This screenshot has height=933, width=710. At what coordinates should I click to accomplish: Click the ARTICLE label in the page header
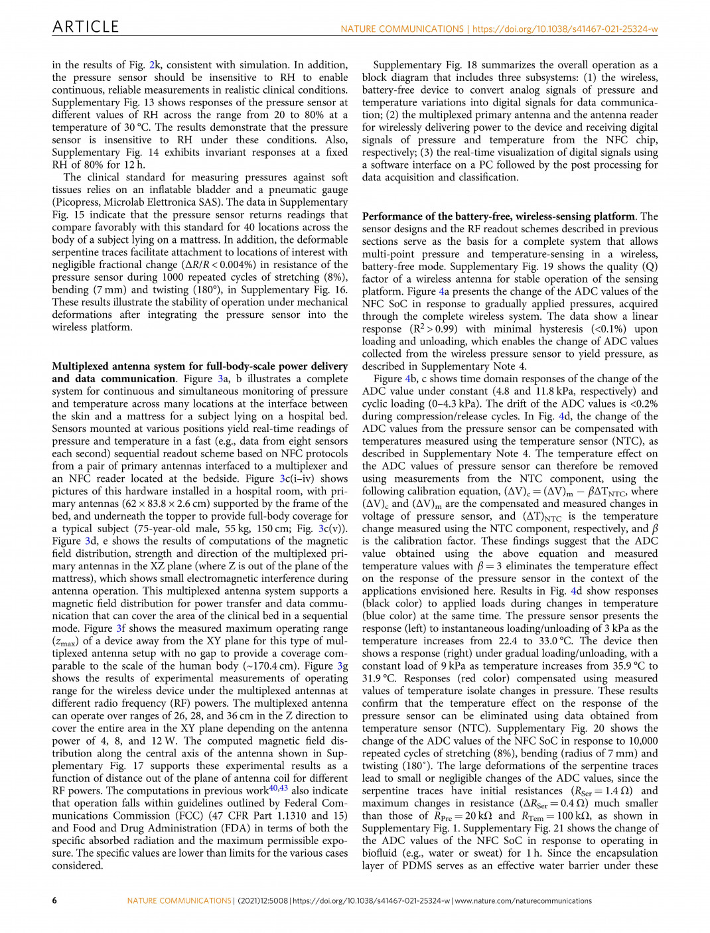tap(86, 27)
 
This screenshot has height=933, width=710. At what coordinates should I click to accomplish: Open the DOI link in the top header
tap(565, 29)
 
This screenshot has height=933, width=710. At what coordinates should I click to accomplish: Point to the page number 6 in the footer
tap(54, 900)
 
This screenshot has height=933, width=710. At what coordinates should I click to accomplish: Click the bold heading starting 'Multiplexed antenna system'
tap(200, 366)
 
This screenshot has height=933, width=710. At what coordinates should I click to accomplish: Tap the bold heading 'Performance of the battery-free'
tap(498, 216)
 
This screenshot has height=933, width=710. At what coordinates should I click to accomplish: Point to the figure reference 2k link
tap(154, 65)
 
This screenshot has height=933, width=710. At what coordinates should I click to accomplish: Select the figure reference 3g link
tap(342, 666)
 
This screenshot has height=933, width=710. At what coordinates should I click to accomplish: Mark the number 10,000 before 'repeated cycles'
tap(643, 741)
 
